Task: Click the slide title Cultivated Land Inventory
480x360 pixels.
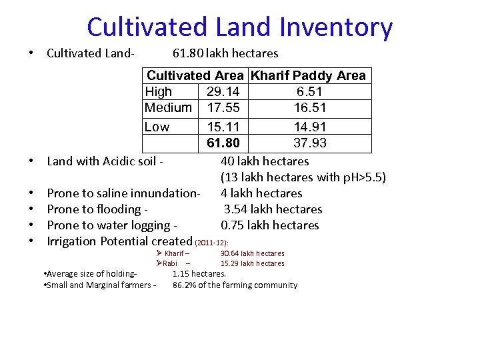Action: [239, 27]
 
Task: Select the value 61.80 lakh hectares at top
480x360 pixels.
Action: [225, 53]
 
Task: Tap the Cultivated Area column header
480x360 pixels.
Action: [195, 75]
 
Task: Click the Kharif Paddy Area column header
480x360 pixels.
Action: [308, 75]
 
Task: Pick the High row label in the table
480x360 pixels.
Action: [158, 91]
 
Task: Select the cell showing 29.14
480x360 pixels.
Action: [223, 91]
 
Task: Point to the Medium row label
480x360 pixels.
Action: [168, 107]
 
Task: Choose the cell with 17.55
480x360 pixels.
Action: [223, 107]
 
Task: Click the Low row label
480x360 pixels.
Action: [157, 127]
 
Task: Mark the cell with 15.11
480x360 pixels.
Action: [223, 127]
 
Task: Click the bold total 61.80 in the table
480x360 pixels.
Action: [223, 143]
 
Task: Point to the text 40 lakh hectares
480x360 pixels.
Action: [265, 161]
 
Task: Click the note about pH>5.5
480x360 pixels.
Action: [303, 177]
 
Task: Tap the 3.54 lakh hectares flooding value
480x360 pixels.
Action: [273, 209]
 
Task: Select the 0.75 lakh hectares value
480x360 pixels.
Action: [270, 225]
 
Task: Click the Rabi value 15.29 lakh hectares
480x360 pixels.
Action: [252, 263]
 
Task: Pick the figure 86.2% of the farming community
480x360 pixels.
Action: [235, 285]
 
